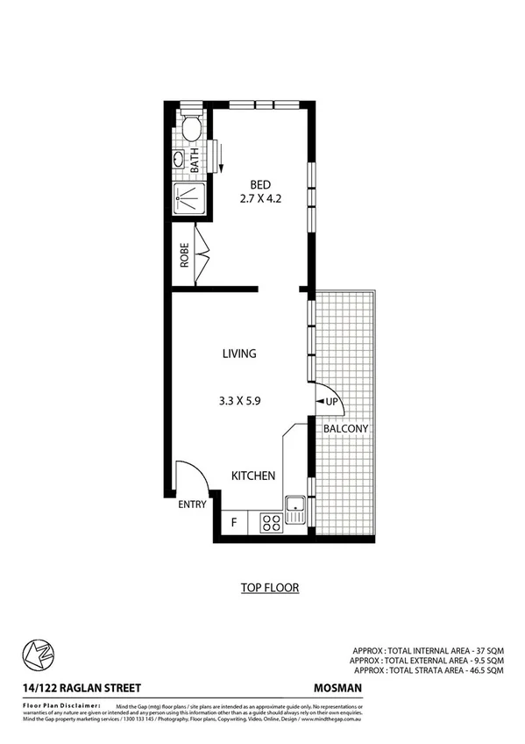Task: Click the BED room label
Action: coord(260,184)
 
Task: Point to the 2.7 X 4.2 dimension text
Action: coord(260,199)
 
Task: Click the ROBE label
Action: coord(185,255)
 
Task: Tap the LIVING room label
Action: coord(238,354)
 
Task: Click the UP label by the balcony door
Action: coord(332,401)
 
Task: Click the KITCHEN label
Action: coord(253,476)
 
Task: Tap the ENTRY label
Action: coord(192,504)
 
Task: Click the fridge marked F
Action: coord(233,524)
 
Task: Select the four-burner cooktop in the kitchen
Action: coord(272,523)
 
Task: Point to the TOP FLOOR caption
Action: coord(270,588)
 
